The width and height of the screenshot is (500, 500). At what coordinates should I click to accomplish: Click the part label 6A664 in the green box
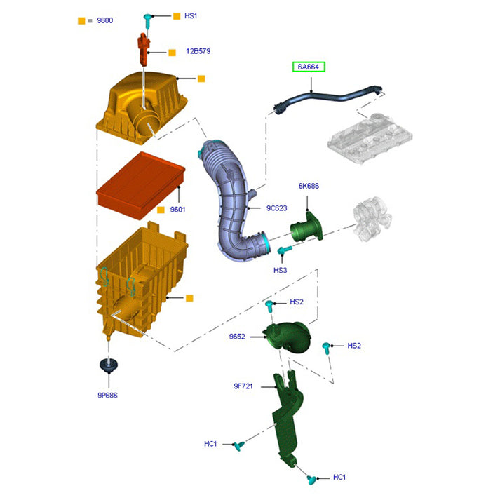(x=309, y=67)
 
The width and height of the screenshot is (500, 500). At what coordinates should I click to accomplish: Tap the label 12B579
(x=198, y=51)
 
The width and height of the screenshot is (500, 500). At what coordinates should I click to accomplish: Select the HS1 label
(x=191, y=15)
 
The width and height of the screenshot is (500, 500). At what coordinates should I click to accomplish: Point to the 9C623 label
(x=278, y=208)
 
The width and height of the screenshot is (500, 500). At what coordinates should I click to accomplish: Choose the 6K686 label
(x=309, y=186)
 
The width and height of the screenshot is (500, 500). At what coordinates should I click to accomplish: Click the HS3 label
(x=280, y=270)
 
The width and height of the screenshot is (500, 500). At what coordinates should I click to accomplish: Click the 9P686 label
(x=107, y=395)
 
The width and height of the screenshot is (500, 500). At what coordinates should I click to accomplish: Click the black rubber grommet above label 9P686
(x=108, y=367)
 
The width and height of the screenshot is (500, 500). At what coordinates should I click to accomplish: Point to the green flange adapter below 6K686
(x=307, y=229)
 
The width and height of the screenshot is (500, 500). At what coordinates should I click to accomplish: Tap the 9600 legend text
(x=104, y=20)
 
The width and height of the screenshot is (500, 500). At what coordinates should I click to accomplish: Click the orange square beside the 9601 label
(x=161, y=209)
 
